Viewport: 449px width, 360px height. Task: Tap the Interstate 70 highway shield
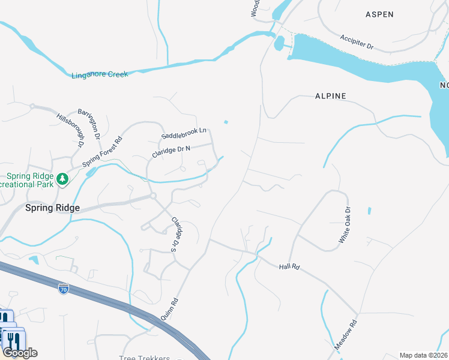[63, 289]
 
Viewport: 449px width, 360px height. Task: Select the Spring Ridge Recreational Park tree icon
[62, 179]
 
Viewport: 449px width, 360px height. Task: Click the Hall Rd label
[289, 266]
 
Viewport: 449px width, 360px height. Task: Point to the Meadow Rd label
[346, 335]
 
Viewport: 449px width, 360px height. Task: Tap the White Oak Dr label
[344, 225]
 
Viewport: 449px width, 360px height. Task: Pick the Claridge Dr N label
[171, 152]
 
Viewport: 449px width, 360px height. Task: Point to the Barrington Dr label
[89, 124]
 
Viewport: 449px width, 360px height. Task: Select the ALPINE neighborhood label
[330, 96]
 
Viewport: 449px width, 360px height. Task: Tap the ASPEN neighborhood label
[379, 14]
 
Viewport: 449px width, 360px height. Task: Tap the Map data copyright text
[423, 355]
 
